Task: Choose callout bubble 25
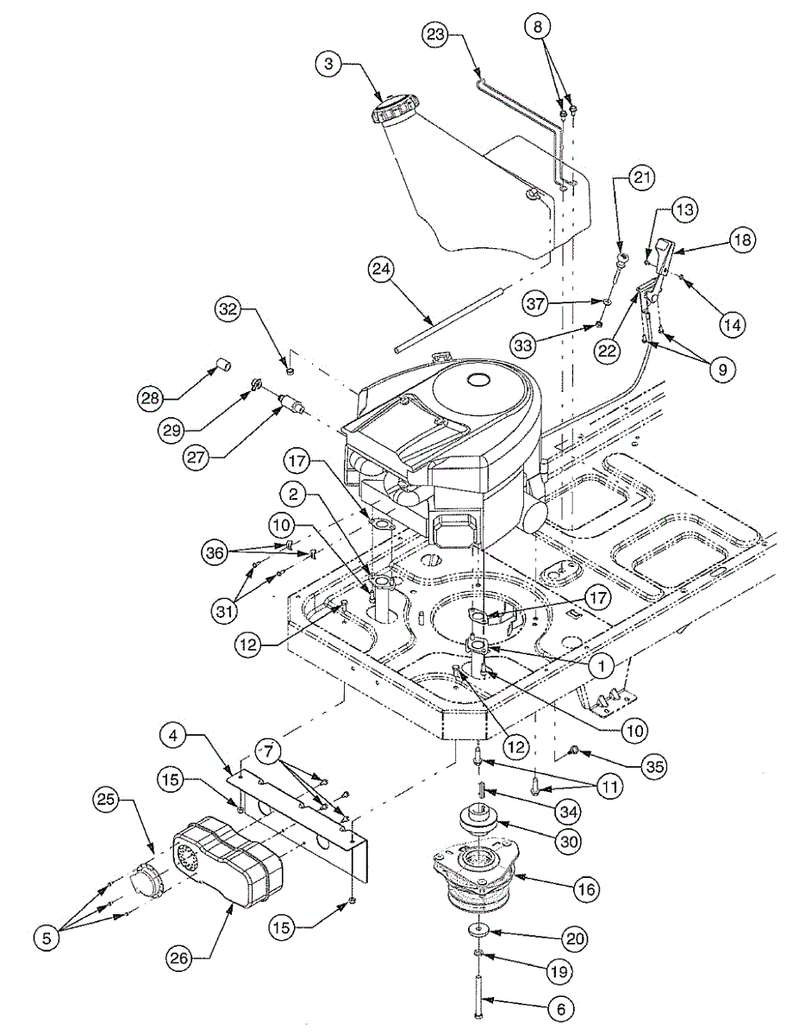(110, 800)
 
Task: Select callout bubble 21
(640, 178)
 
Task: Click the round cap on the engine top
(476, 380)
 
